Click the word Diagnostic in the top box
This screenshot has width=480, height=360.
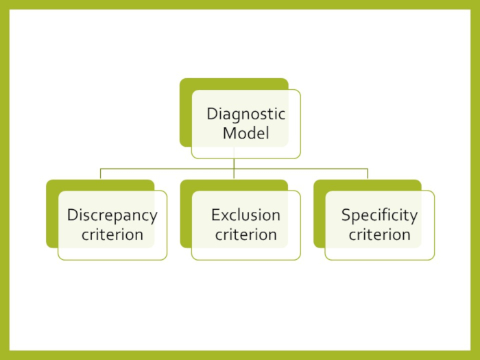pyautogui.click(x=246, y=114)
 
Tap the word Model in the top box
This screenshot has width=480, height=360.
pyautogui.click(x=246, y=133)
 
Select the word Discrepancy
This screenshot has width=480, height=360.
pyautogui.click(x=112, y=215)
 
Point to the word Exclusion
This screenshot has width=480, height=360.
pyautogui.click(x=245, y=215)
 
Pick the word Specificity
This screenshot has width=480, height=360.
pyautogui.click(x=379, y=215)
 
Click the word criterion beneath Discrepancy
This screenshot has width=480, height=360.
pyautogui.click(x=112, y=235)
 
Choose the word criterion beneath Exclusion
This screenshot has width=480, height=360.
pyautogui.click(x=245, y=235)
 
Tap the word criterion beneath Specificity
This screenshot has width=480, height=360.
pyautogui.click(x=379, y=235)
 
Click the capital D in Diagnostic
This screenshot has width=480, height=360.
pyautogui.click(x=212, y=114)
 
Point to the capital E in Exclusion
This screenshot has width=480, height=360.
pyautogui.click(x=215, y=215)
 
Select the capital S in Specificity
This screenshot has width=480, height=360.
pyautogui.click(x=346, y=215)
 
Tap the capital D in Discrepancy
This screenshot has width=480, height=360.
pyautogui.click(x=71, y=215)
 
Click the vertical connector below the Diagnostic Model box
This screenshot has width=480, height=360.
pyautogui.click(x=233, y=163)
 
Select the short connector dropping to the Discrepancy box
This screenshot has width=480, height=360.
pyautogui.click(x=100, y=173)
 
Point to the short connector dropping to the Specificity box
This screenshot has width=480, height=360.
pyautogui.click(x=368, y=173)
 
